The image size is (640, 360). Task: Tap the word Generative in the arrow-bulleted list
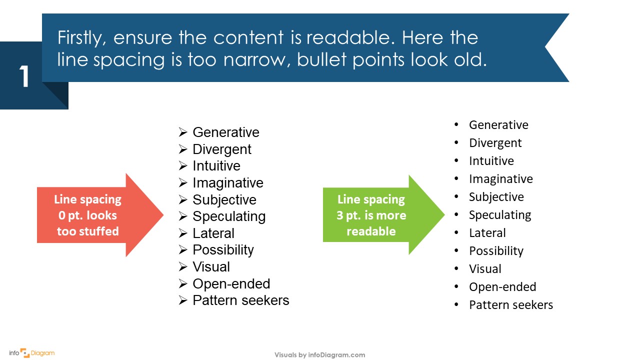click(x=225, y=132)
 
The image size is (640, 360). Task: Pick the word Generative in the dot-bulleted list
click(x=498, y=125)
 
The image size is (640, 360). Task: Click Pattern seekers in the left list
click(x=240, y=300)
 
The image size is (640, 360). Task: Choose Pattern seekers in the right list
click(x=510, y=305)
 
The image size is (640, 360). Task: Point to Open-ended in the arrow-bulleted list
click(x=231, y=284)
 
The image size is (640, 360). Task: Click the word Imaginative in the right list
click(x=500, y=179)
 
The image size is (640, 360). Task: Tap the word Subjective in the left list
click(x=224, y=200)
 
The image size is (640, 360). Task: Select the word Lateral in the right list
click(x=487, y=233)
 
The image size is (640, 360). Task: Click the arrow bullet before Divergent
click(x=183, y=149)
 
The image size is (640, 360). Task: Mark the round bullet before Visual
click(x=456, y=269)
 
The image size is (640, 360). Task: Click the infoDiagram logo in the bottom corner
click(x=31, y=353)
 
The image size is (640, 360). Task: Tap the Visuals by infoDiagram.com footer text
click(x=319, y=355)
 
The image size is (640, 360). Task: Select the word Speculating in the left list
click(x=228, y=216)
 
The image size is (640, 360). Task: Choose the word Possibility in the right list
click(x=495, y=251)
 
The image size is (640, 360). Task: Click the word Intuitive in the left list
click(x=216, y=166)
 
